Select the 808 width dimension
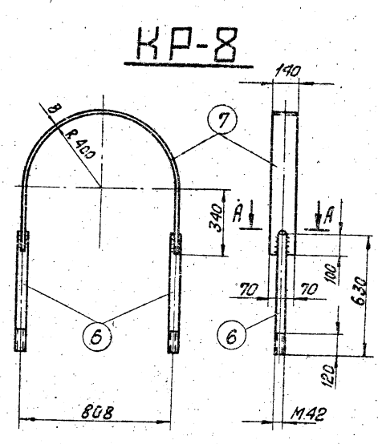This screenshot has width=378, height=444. (x=96, y=412)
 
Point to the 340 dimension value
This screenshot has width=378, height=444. (x=216, y=217)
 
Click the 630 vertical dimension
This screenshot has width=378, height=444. (x=360, y=292)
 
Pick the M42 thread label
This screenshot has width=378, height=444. (x=309, y=414)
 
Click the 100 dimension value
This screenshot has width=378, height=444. (x=331, y=274)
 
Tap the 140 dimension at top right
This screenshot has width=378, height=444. (x=287, y=71)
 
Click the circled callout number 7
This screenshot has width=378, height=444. (x=222, y=119)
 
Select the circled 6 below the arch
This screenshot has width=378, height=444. (x=97, y=337)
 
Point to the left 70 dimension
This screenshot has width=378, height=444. (x=249, y=289)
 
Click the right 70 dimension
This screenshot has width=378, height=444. (x=309, y=289)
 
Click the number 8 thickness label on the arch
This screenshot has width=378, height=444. (x=54, y=108)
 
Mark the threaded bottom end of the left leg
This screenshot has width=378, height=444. (x=21, y=340)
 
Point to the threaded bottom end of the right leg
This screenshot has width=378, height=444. (x=173, y=342)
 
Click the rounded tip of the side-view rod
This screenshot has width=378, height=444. (x=282, y=232)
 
